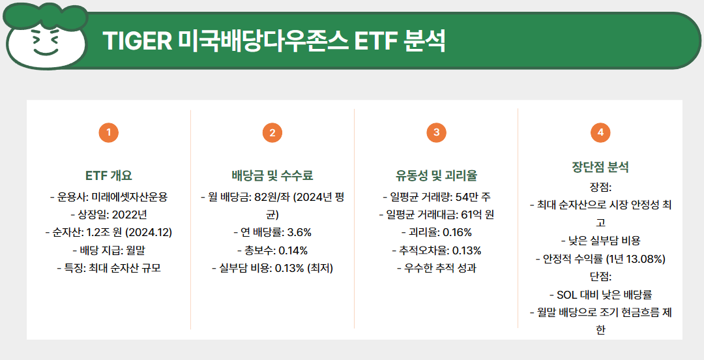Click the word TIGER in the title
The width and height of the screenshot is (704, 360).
pyautogui.click(x=135, y=41)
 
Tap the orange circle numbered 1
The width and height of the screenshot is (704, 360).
pyautogui.click(x=108, y=133)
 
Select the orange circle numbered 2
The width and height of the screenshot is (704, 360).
pyautogui.click(x=272, y=133)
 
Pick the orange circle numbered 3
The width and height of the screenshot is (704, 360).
pyautogui.click(x=436, y=133)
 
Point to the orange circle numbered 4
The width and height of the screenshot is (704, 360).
pyautogui.click(x=600, y=133)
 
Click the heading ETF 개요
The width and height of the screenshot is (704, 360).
pyautogui.click(x=108, y=175)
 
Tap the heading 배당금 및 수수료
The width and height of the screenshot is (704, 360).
pyautogui.click(x=272, y=175)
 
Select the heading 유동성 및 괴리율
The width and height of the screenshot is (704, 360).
pyautogui.click(x=436, y=175)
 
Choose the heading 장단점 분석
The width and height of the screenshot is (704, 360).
pyautogui.click(x=600, y=167)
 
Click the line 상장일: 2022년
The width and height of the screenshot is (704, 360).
pyautogui.click(x=108, y=215)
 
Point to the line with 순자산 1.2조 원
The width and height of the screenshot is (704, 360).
pyautogui.click(x=108, y=232)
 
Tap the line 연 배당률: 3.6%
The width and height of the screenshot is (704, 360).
pyautogui.click(x=272, y=232)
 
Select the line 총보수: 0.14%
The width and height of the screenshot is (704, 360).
pyautogui.click(x=272, y=250)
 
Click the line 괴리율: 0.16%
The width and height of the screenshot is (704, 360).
pyautogui.click(x=436, y=232)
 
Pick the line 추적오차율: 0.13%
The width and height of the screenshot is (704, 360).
pyautogui.click(x=436, y=250)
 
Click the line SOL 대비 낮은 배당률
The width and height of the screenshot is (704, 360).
pyautogui.click(x=600, y=295)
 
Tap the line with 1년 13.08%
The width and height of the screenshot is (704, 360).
pyautogui.click(x=600, y=259)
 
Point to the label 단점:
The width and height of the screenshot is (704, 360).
pyautogui.click(x=600, y=277)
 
